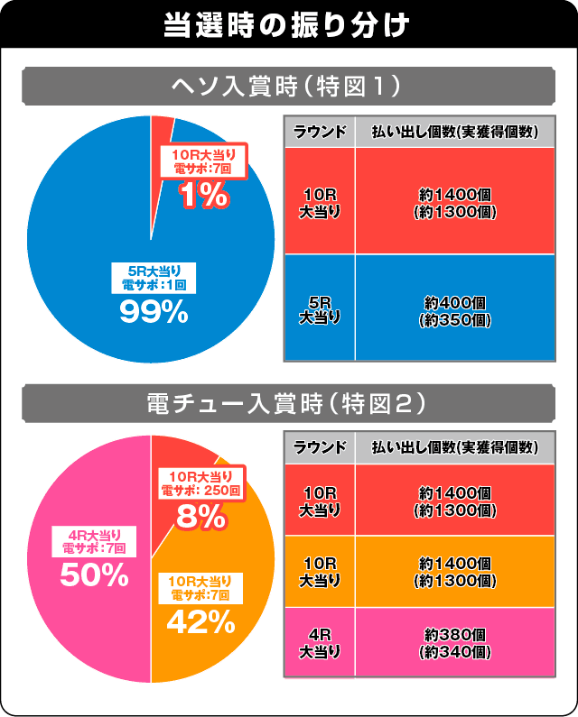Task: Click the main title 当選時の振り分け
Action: [x=288, y=24]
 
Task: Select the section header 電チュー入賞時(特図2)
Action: [x=288, y=405]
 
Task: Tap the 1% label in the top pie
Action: [x=204, y=196]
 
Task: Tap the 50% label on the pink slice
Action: [x=95, y=575]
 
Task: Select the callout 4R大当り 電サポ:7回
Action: [x=95, y=540]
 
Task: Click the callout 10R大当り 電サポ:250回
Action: [x=200, y=483]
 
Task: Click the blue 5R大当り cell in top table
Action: [x=319, y=308]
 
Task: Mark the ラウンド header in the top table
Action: [x=319, y=132]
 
